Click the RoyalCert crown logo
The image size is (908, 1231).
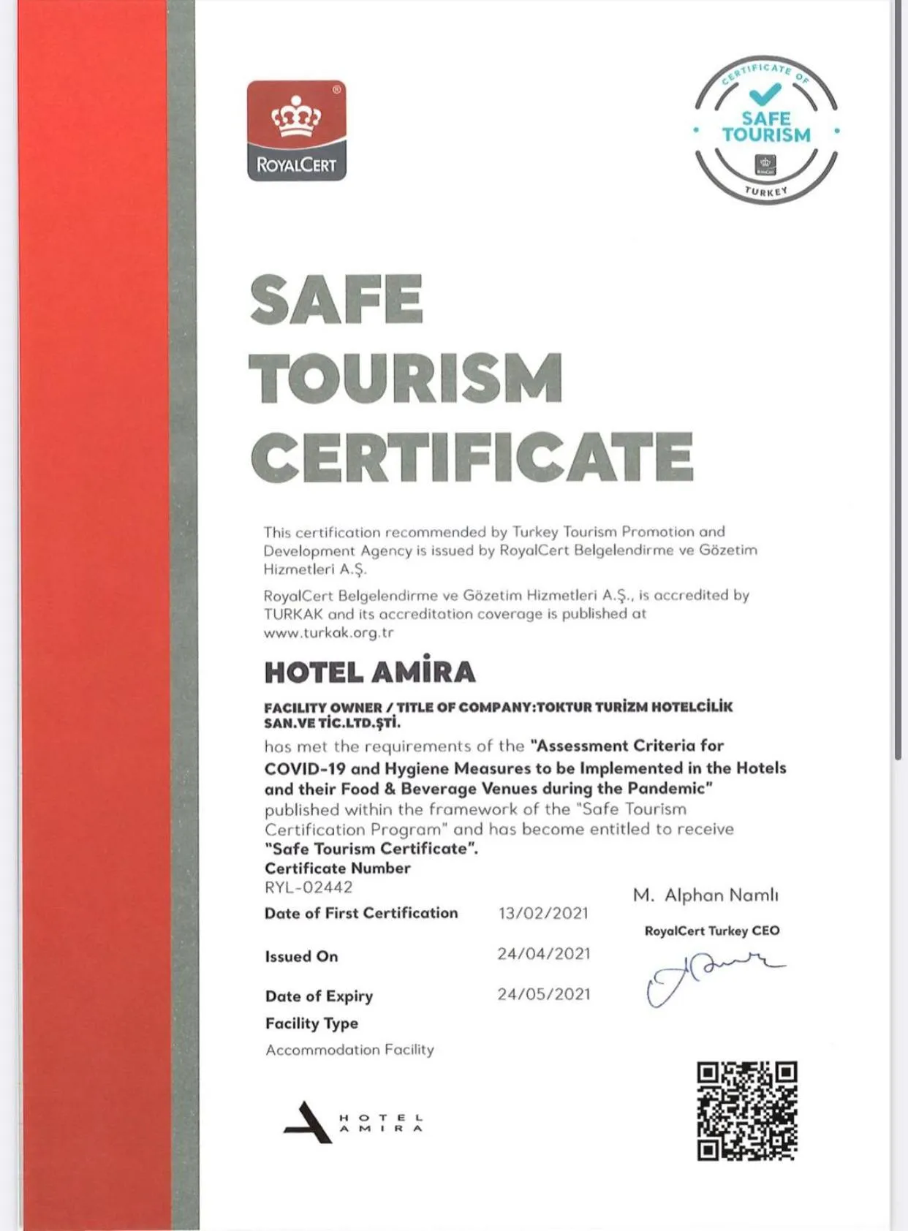pyautogui.click(x=296, y=130)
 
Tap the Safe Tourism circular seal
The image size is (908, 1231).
pyautogui.click(x=765, y=129)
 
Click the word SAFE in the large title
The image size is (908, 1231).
pyautogui.click(x=336, y=299)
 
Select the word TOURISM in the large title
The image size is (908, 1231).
pyautogui.click(x=406, y=377)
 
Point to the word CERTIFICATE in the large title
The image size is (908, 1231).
pyautogui.click(x=472, y=457)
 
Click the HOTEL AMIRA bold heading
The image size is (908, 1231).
pyautogui.click(x=370, y=672)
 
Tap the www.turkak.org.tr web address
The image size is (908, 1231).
pyautogui.click(x=329, y=633)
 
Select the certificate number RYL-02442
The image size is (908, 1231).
pyautogui.click(x=309, y=887)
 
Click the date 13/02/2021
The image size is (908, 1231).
pyautogui.click(x=543, y=913)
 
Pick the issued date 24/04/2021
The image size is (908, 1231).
pyautogui.click(x=543, y=954)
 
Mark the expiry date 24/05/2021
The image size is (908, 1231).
pyautogui.click(x=543, y=994)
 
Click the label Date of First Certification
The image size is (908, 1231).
pyautogui.click(x=361, y=913)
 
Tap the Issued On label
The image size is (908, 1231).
pyautogui.click(x=301, y=956)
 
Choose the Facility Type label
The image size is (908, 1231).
pyautogui.click(x=311, y=1023)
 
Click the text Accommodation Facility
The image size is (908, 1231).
pyautogui.click(x=349, y=1050)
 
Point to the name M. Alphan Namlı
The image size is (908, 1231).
pyautogui.click(x=705, y=895)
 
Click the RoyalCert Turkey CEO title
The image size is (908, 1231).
pyautogui.click(x=712, y=931)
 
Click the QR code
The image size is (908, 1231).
pyautogui.click(x=746, y=1111)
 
